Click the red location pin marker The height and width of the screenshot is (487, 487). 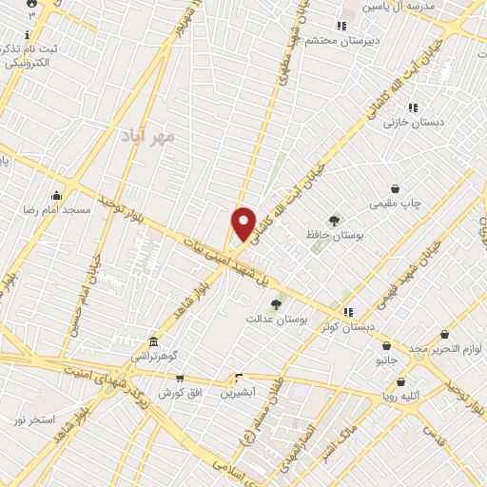[x=243, y=224]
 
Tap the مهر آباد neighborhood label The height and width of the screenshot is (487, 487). [x=149, y=137]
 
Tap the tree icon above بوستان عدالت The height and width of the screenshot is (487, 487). [x=277, y=304]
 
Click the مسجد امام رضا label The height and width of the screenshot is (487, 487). [x=64, y=207]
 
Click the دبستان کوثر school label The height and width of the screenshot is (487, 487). [x=348, y=326]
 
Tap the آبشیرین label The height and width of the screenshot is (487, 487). [x=239, y=392]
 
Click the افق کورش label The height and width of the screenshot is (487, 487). [x=177, y=392]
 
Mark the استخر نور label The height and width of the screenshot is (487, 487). [x=34, y=419]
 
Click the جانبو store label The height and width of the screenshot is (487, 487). [x=386, y=360]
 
